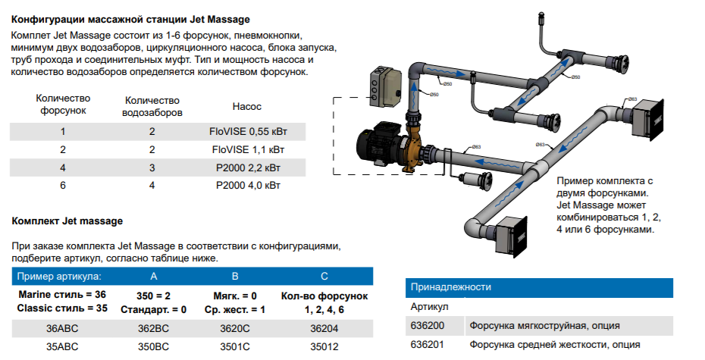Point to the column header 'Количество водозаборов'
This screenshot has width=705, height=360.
[x=152, y=107]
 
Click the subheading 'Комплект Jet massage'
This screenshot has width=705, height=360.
[x=67, y=221]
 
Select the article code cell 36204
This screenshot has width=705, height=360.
[x=325, y=329]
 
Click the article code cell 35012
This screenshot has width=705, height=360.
[x=325, y=347]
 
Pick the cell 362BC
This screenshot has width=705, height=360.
[x=154, y=329]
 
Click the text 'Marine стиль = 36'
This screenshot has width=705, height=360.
[x=62, y=294]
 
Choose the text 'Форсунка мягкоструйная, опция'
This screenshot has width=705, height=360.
[x=545, y=326]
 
